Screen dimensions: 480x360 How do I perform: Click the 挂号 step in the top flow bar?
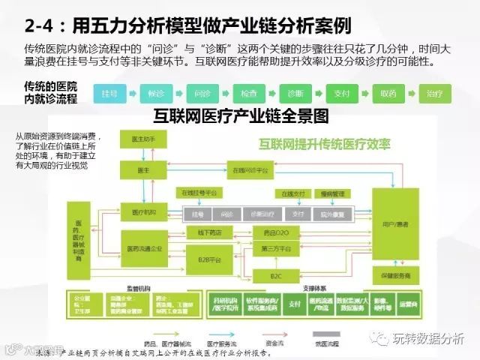click(x=110, y=94)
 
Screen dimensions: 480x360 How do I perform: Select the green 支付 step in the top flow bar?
click(x=342, y=94)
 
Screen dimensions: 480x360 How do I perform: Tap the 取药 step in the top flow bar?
click(x=388, y=94)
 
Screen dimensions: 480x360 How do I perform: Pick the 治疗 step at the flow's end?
click(x=434, y=94)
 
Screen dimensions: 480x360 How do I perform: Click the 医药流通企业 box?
click(x=145, y=248)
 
